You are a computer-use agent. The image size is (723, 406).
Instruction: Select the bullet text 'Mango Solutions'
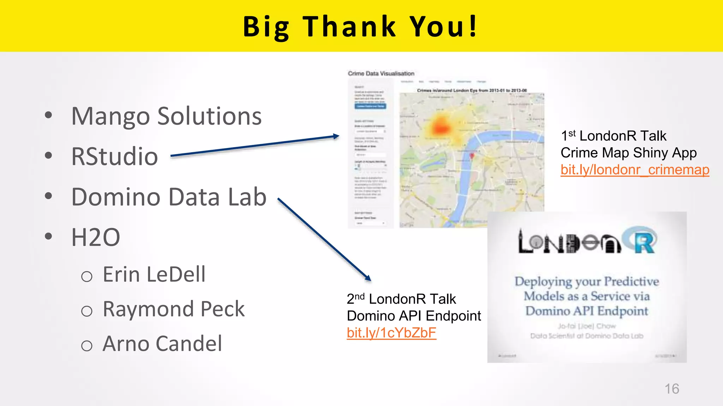click(x=166, y=116)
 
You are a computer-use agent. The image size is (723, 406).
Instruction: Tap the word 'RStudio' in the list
click(x=114, y=156)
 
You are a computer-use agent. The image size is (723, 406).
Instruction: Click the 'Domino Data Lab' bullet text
click(x=169, y=197)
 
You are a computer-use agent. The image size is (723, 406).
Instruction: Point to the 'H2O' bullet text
click(x=96, y=237)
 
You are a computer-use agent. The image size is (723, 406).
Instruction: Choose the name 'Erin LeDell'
click(x=154, y=274)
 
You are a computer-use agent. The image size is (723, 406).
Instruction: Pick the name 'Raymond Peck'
click(x=173, y=309)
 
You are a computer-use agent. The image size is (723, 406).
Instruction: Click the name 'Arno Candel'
click(x=162, y=344)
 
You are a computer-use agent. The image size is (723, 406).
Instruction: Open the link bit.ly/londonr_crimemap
click(x=635, y=170)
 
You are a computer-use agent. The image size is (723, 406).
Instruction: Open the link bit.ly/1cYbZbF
click(x=392, y=333)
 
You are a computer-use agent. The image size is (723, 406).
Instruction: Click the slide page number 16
click(x=672, y=389)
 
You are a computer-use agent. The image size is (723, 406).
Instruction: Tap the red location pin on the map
click(x=472, y=155)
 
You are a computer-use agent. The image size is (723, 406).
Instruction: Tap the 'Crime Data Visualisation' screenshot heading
click(x=381, y=73)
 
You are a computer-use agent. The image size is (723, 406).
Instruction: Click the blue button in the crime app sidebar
click(x=370, y=106)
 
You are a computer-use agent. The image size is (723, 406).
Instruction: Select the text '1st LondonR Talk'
click(x=614, y=136)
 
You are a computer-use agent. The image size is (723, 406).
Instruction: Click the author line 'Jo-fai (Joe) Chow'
click(x=587, y=326)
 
